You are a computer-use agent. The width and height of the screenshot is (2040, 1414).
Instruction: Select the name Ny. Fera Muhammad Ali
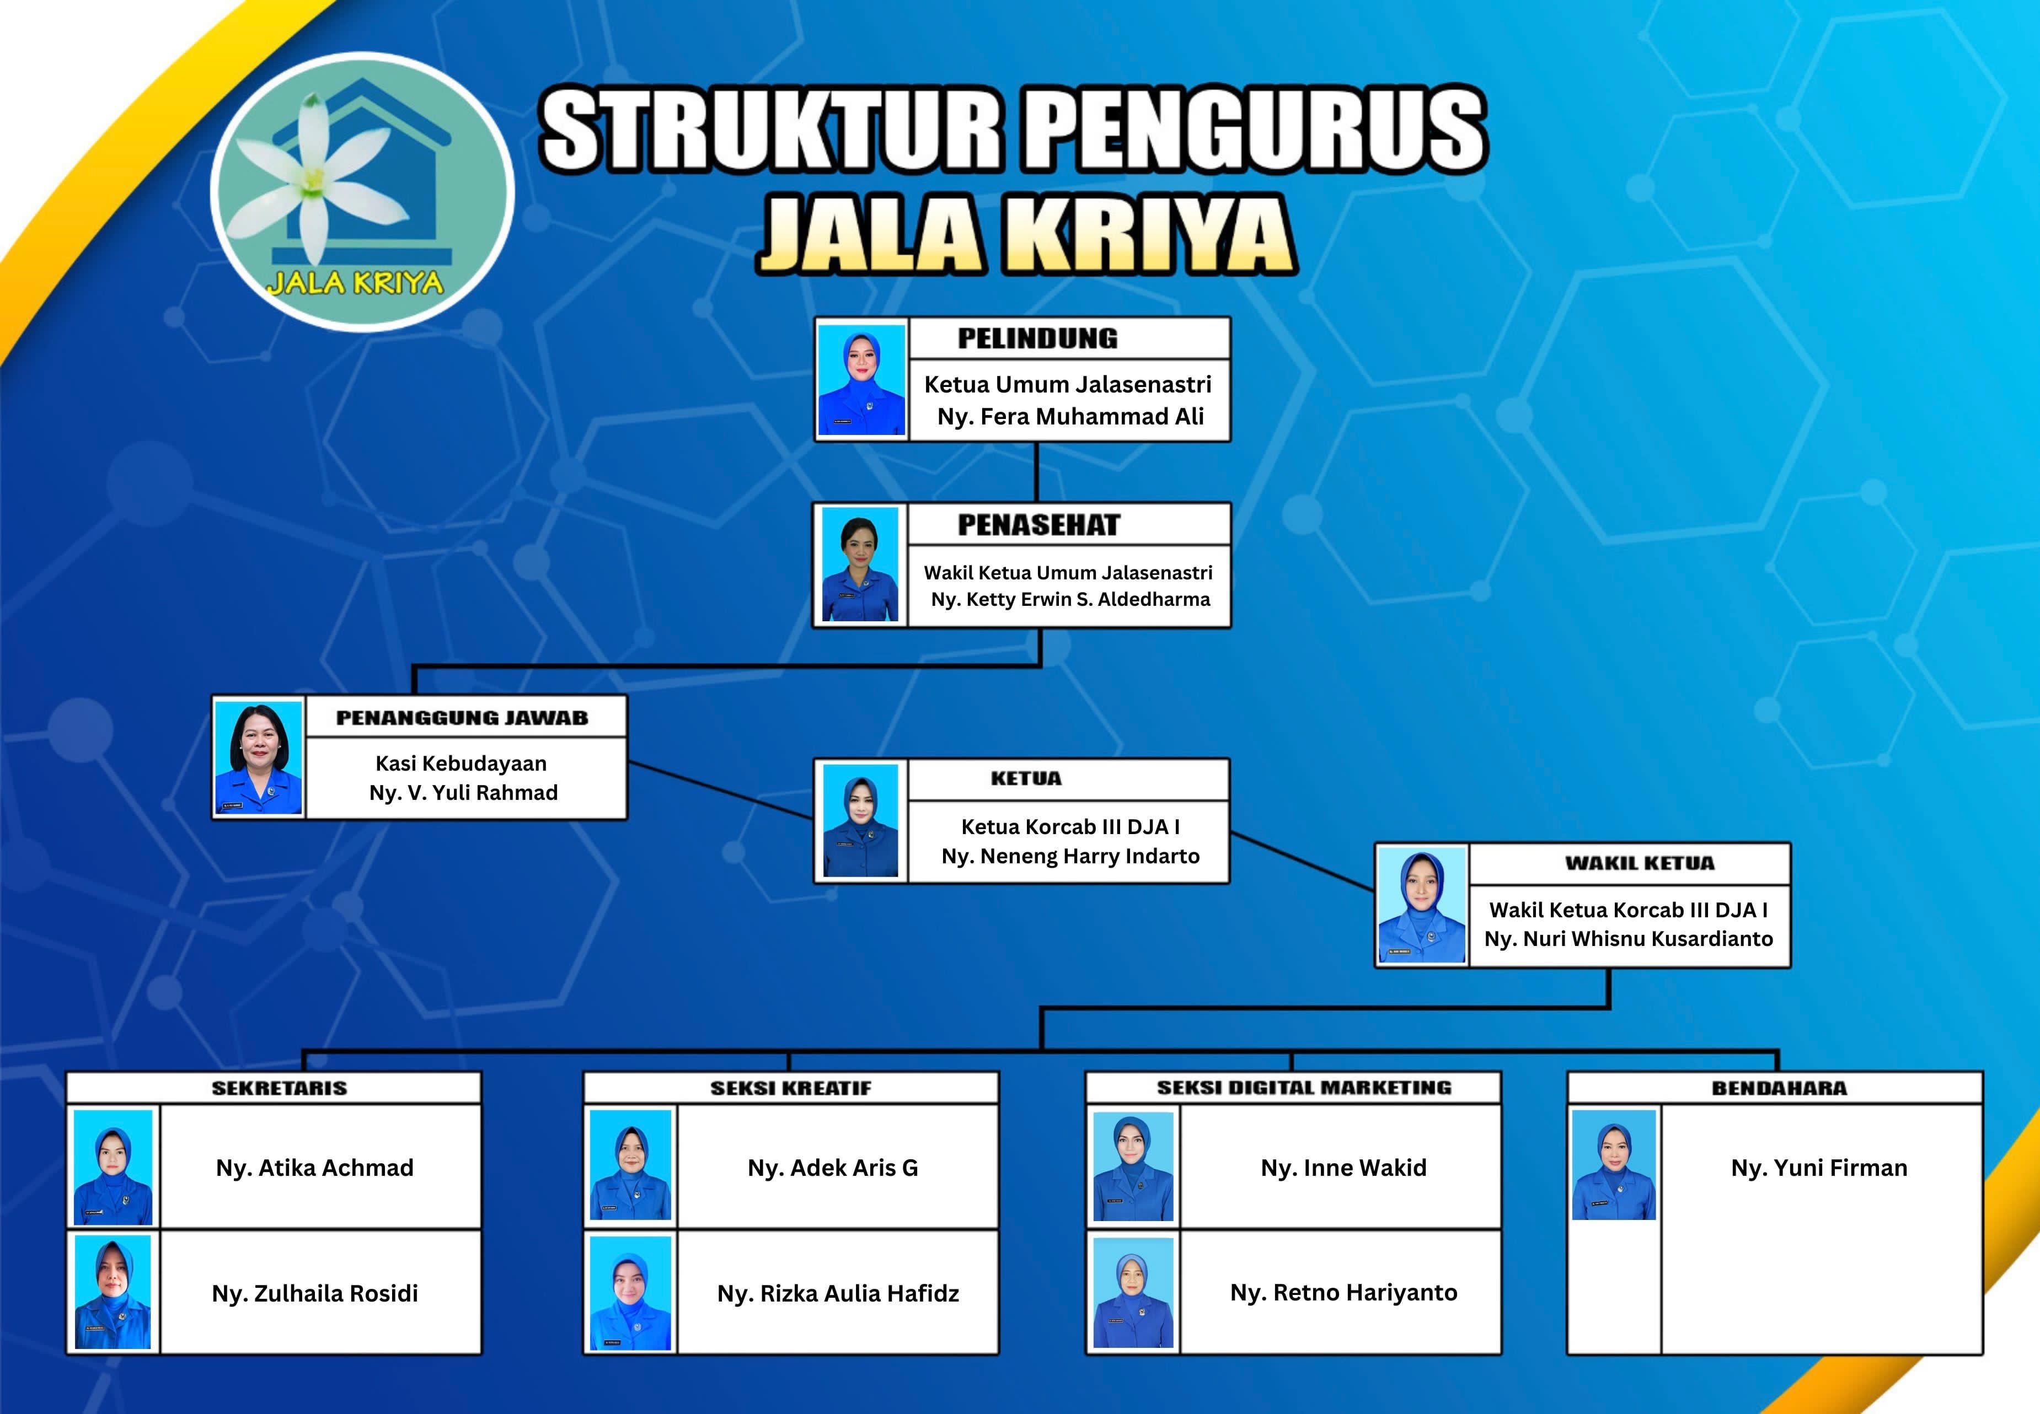click(1070, 416)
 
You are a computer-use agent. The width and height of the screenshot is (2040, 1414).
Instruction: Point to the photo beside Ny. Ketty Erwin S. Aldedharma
click(860, 564)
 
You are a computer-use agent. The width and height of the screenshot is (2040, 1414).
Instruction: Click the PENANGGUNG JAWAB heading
click(462, 718)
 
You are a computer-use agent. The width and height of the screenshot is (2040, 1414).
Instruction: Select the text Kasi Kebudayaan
click(461, 763)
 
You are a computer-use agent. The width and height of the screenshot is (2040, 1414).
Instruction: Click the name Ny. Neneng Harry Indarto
click(1070, 856)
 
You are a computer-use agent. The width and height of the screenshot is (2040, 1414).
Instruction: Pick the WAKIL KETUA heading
click(1640, 863)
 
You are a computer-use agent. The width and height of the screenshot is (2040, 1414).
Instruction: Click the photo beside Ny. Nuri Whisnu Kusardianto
click(1422, 905)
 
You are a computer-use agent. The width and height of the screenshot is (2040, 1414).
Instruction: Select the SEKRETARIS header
click(279, 1088)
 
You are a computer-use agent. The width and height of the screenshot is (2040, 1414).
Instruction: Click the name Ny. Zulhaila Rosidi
click(314, 1293)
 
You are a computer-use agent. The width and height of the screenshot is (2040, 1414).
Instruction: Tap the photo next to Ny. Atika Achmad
click(113, 1168)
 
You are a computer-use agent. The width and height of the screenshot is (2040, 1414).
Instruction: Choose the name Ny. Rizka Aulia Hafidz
click(838, 1293)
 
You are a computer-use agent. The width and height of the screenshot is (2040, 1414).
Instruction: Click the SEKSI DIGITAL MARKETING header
click(1304, 1088)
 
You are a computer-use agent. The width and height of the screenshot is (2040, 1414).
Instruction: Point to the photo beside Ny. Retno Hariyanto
click(1133, 1293)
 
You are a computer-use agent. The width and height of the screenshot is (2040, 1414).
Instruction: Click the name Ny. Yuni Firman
click(1819, 1168)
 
